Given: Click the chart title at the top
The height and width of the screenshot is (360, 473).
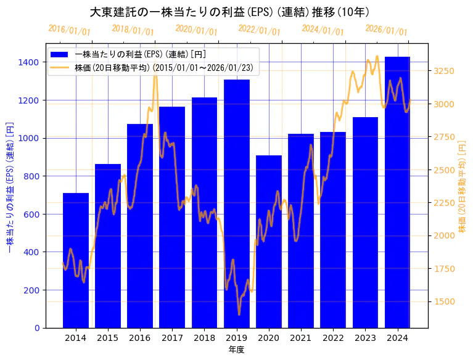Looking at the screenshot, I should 229,12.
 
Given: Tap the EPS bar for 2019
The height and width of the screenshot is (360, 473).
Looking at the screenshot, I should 237,203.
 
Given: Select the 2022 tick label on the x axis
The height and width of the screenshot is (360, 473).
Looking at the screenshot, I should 333,338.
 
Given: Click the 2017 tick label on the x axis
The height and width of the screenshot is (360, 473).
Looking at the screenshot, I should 172,338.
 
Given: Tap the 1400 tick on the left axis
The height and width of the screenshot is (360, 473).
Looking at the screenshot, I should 30,62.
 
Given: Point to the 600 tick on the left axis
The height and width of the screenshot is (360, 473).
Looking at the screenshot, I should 32,215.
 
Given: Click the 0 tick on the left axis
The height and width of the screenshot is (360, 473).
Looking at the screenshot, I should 38,328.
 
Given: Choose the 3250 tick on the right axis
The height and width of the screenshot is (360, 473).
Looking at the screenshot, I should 443,72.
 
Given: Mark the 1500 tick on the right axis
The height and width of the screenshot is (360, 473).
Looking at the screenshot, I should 443,301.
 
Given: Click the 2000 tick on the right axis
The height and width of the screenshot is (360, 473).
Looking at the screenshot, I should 443,235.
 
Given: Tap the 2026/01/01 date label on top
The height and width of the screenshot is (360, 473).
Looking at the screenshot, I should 386,31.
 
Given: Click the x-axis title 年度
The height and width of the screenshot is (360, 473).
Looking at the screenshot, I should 236,350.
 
